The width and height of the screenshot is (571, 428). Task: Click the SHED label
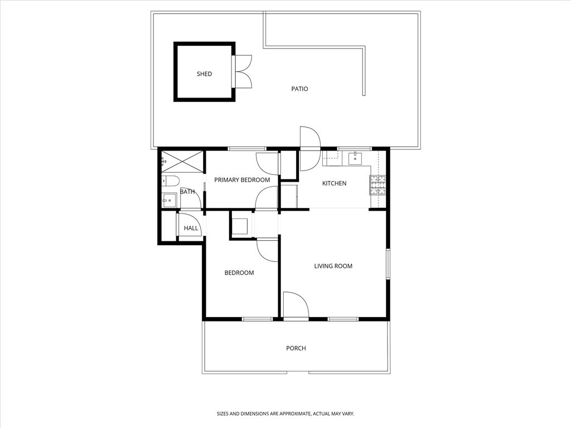[x=204, y=74]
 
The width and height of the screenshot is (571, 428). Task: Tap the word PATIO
[x=299, y=89]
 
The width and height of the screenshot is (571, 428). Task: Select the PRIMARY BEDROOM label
[x=242, y=180]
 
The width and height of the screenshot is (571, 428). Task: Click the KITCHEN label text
[x=335, y=183]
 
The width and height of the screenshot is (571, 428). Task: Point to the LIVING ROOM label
[x=333, y=266]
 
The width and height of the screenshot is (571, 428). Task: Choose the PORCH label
[x=296, y=348]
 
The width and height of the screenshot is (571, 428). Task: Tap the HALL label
[x=191, y=228]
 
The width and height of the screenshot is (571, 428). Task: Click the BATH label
[x=187, y=192]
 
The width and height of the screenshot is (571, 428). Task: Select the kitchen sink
[x=355, y=158]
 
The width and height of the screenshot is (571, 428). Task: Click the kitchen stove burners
[x=378, y=185]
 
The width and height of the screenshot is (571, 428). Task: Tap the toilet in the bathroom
[x=171, y=180]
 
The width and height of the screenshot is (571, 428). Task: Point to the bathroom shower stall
[x=182, y=160]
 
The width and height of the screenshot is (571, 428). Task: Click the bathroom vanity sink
[x=169, y=200]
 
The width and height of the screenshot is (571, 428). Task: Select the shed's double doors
[x=242, y=71]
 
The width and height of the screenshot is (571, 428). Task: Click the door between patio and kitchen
[x=310, y=148]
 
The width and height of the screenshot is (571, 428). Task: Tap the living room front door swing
[x=296, y=305]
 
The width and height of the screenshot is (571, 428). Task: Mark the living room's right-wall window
[x=388, y=264]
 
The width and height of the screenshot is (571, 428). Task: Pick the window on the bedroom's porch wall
[x=258, y=319]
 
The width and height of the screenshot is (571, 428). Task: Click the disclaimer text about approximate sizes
[x=285, y=414]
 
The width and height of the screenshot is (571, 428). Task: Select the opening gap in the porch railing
[x=298, y=373]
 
